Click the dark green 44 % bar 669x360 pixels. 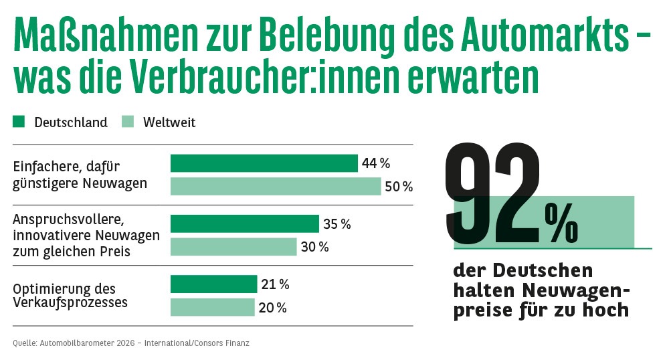[264, 163]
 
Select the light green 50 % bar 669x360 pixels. [276, 186]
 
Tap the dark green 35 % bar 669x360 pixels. [245, 223]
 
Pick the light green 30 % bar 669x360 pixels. [233, 247]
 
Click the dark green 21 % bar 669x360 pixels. [214, 284]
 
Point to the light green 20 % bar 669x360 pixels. [213, 307]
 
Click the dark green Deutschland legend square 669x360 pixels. [19, 122]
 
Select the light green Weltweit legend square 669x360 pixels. [128, 122]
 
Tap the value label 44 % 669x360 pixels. [375, 163]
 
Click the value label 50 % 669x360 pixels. [398, 187]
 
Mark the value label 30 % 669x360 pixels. [314, 247]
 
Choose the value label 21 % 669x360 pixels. [275, 284]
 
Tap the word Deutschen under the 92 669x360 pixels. [543, 271]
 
